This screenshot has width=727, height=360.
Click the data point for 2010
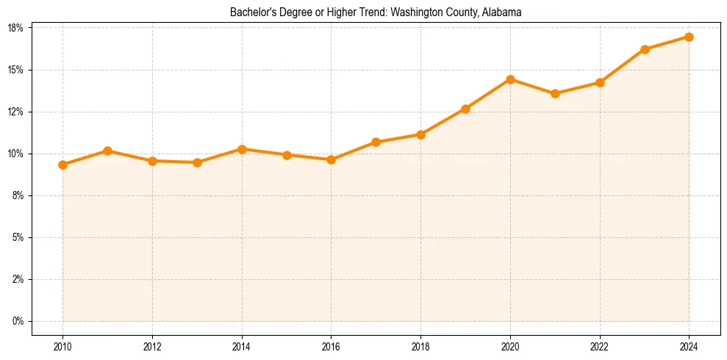point(62,165)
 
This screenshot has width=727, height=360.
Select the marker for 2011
point(107,151)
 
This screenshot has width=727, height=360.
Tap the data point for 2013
point(197,162)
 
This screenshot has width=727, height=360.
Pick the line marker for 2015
point(287,155)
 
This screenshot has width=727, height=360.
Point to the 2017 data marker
point(376,142)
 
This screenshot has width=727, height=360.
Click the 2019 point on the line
point(465,109)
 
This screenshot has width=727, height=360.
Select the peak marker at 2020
point(510,79)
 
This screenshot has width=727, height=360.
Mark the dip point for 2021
point(555,93)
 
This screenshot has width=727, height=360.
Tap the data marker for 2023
point(645,49)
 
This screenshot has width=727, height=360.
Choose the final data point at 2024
point(689,37)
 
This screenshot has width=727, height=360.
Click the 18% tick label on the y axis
point(15,28)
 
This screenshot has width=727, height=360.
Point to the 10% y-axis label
point(15,154)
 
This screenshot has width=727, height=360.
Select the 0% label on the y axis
point(18,321)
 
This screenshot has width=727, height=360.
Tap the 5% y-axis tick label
point(18,237)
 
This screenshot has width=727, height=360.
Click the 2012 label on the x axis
point(152,346)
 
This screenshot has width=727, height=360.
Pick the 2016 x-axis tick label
point(331,346)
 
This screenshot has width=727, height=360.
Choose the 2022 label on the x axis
point(600,346)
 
